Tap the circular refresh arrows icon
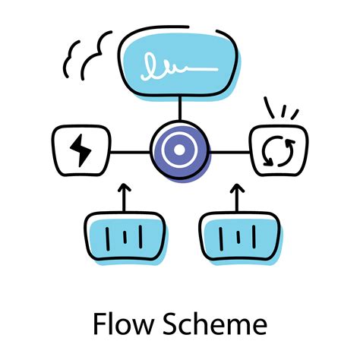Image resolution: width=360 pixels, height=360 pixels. coord(278,151)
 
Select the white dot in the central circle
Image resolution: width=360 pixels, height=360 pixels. coord(179,150)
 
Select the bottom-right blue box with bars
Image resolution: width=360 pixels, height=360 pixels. coord(238,238)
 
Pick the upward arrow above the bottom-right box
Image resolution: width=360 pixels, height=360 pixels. coord(238,197)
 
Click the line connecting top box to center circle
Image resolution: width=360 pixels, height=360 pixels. coord(179,110)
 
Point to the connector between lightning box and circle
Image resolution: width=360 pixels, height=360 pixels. coord(129,152)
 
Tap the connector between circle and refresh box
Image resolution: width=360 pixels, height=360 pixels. coord(229,152)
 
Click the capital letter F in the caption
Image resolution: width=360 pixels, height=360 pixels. coord(99,325)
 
